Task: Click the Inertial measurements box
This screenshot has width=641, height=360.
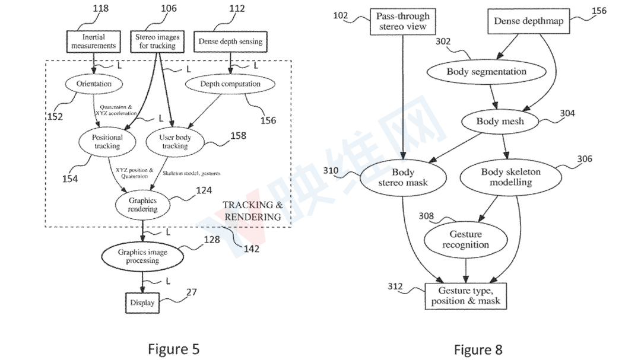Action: (x=94, y=42)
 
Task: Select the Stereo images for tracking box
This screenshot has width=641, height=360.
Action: (x=157, y=42)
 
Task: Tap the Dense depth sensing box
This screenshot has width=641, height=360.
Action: (x=230, y=42)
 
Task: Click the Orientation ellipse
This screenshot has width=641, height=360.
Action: (x=94, y=84)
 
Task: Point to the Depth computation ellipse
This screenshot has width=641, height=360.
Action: (x=230, y=84)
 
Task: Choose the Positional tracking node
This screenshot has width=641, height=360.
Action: (x=107, y=141)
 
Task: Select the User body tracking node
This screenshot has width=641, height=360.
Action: (x=175, y=141)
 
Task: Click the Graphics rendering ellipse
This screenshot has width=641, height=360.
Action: (x=142, y=205)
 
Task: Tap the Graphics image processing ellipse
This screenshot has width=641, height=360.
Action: (x=142, y=256)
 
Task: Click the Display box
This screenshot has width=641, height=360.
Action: (x=142, y=303)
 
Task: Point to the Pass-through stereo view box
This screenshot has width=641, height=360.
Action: (x=402, y=21)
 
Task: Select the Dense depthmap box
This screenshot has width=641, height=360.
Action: (x=529, y=21)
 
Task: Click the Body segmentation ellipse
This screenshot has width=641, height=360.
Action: (x=487, y=72)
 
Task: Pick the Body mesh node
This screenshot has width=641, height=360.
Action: (x=500, y=122)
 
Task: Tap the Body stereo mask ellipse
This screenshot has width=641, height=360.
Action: (x=403, y=177)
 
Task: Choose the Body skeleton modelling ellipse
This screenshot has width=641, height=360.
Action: (x=510, y=177)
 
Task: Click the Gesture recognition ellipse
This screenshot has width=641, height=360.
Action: (x=466, y=240)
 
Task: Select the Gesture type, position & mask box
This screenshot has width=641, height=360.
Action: (x=466, y=296)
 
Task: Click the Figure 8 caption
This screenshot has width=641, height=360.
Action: (x=478, y=350)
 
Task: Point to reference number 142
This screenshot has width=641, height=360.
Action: (x=252, y=249)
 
